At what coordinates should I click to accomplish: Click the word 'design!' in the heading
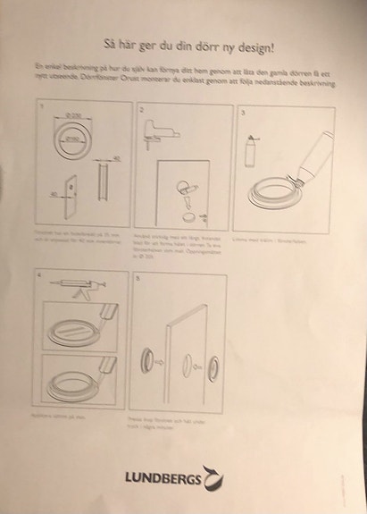[252, 43]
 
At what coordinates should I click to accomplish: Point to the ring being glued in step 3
[273, 192]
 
